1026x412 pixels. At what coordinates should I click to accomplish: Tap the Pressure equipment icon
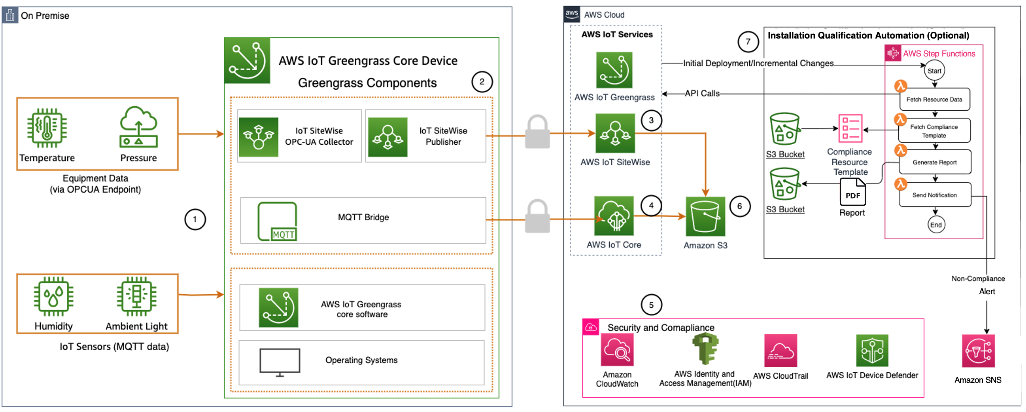click(139, 127)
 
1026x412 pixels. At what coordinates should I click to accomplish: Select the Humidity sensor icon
click(53, 296)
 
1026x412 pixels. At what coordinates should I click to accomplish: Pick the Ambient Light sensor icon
click(136, 296)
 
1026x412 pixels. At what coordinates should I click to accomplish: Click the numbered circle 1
click(195, 219)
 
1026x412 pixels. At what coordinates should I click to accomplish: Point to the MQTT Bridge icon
click(278, 221)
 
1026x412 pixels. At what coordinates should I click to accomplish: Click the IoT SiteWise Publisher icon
click(388, 137)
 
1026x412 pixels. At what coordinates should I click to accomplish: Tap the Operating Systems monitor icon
click(280, 362)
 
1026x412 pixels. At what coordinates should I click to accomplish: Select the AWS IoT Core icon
click(614, 216)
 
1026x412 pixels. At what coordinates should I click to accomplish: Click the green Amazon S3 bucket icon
click(705, 216)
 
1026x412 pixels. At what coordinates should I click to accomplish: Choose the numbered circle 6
click(740, 206)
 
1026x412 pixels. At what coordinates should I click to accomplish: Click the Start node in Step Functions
click(935, 71)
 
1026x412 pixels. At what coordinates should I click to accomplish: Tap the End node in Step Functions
click(936, 225)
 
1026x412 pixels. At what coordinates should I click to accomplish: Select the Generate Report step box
click(935, 162)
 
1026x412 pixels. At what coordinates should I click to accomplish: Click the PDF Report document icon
click(853, 192)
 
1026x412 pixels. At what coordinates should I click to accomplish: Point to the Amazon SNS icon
click(978, 351)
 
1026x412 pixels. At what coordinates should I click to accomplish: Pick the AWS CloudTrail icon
click(781, 351)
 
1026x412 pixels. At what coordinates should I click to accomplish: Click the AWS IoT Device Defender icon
click(872, 351)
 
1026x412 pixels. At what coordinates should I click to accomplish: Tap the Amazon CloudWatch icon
click(617, 350)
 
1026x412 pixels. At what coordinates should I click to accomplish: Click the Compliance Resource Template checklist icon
click(851, 129)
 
